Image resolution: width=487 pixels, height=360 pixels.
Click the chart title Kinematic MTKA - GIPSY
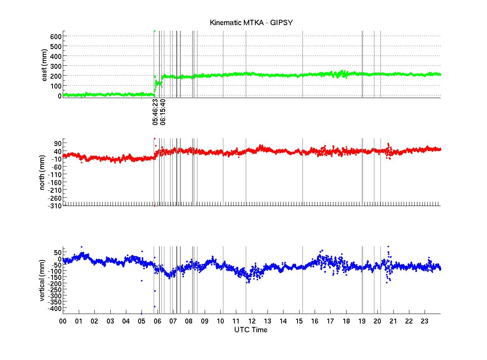[251, 23]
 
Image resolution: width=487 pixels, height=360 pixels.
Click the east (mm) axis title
[45, 65]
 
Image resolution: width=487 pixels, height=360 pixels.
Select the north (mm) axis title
[43, 173]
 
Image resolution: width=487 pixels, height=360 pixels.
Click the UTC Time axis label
[251, 330]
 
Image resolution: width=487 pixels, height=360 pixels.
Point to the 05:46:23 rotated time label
[155, 112]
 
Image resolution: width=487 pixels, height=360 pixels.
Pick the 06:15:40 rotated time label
[163, 112]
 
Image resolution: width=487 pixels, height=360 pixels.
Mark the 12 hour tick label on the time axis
[251, 321]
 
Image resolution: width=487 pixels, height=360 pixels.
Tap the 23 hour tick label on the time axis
[425, 321]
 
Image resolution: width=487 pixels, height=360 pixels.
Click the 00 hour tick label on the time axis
[63, 321]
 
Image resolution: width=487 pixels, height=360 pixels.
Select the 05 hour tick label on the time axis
[142, 321]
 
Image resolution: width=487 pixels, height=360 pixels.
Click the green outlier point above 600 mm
[154, 31]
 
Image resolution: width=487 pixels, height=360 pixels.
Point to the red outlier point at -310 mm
[154, 206]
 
